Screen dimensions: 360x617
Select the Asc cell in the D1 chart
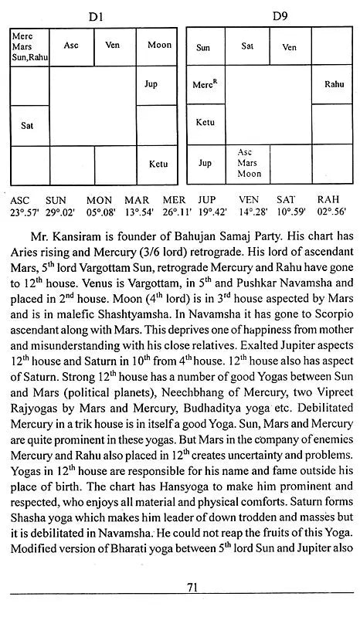[x=71, y=46]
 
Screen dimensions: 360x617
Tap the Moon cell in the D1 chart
[x=158, y=46]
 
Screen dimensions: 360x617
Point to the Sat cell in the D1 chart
[x=28, y=124]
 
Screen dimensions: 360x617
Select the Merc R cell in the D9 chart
[x=203, y=84]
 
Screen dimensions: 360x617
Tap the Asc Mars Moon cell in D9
[x=246, y=163]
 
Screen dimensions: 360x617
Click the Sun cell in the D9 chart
[x=203, y=47]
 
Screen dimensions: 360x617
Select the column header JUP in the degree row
[x=206, y=198]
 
